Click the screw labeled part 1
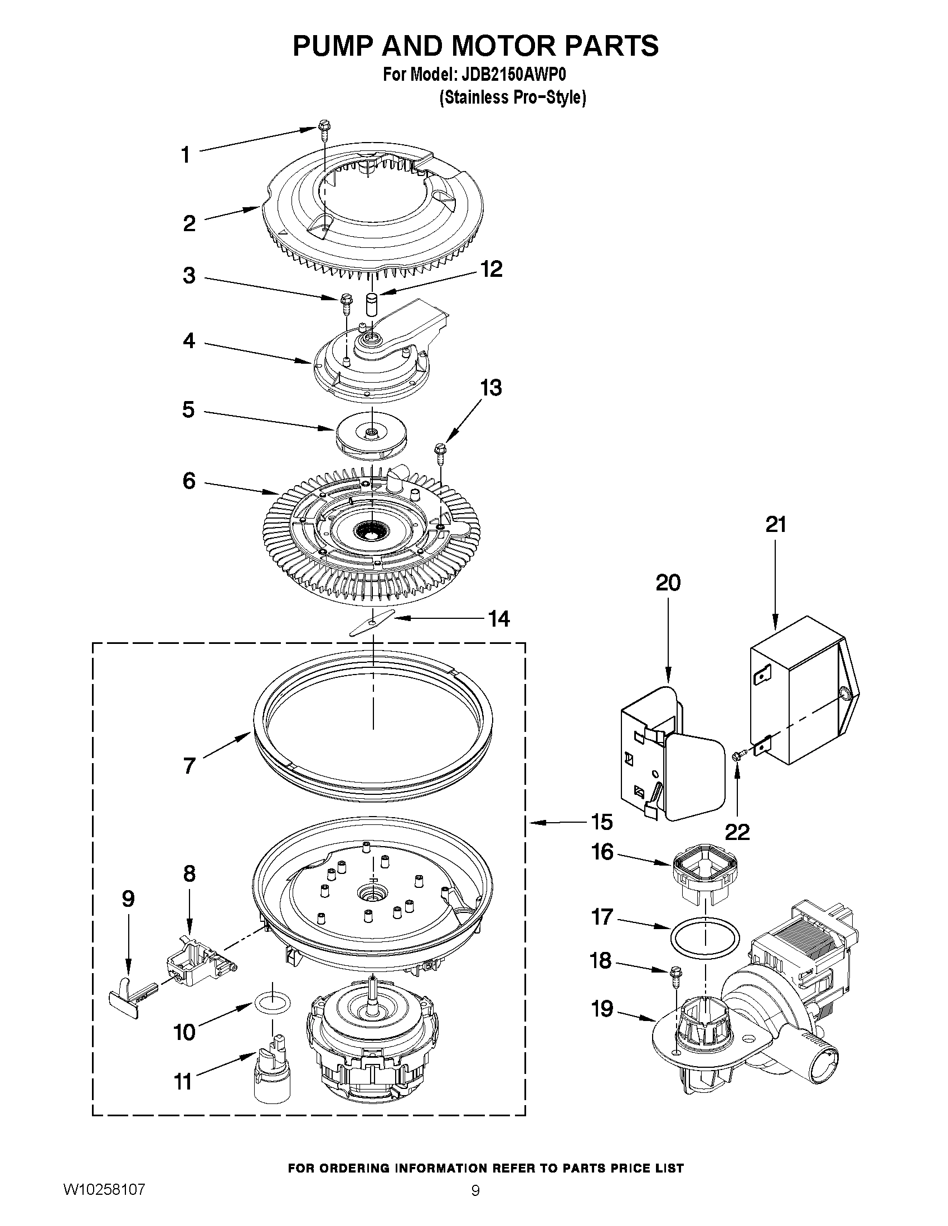click(x=324, y=128)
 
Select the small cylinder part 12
click(x=371, y=304)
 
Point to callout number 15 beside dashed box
click(x=601, y=822)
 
